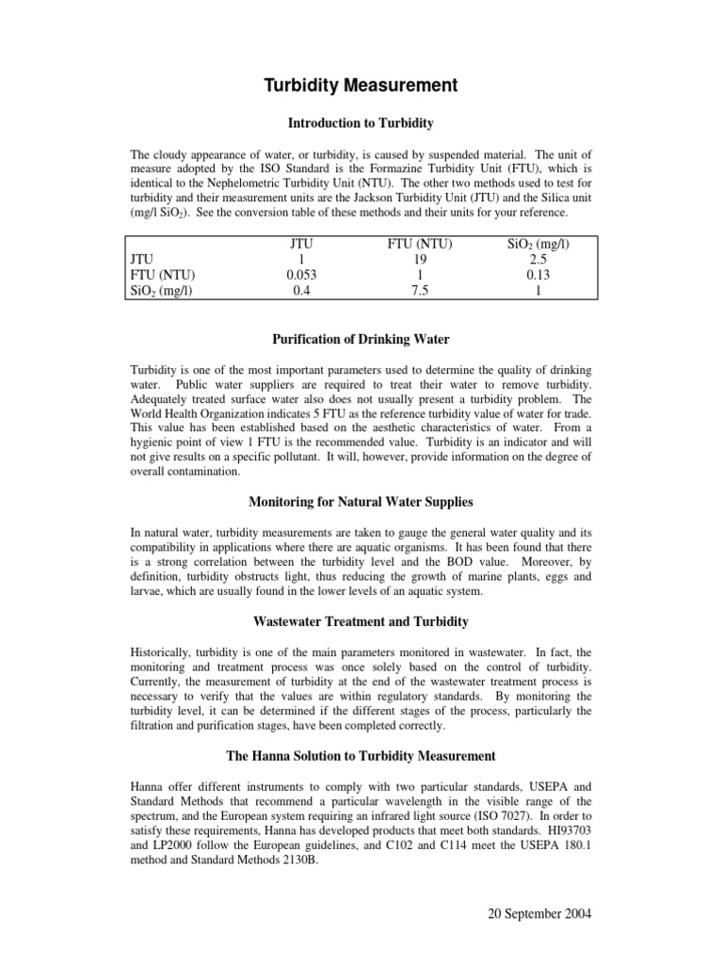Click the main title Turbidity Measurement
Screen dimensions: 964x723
click(x=361, y=86)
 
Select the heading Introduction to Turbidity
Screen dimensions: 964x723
click(x=360, y=122)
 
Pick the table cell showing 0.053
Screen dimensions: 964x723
click(x=298, y=275)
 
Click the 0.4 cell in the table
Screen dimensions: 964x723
click(x=298, y=291)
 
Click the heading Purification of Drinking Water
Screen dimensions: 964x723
click(x=361, y=339)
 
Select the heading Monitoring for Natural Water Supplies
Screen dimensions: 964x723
click(x=361, y=503)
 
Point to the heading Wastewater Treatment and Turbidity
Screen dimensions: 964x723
click(x=361, y=621)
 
